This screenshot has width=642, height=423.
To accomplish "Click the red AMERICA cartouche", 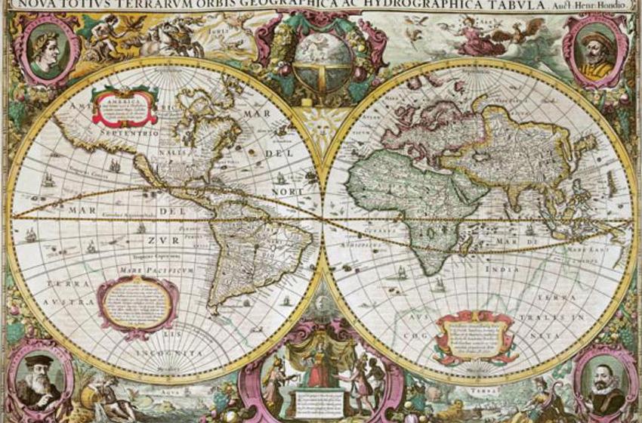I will [x=124, y=106].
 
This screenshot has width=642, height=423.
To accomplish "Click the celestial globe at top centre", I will [x=323, y=59].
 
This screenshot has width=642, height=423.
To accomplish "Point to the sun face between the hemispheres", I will [x=323, y=121].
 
